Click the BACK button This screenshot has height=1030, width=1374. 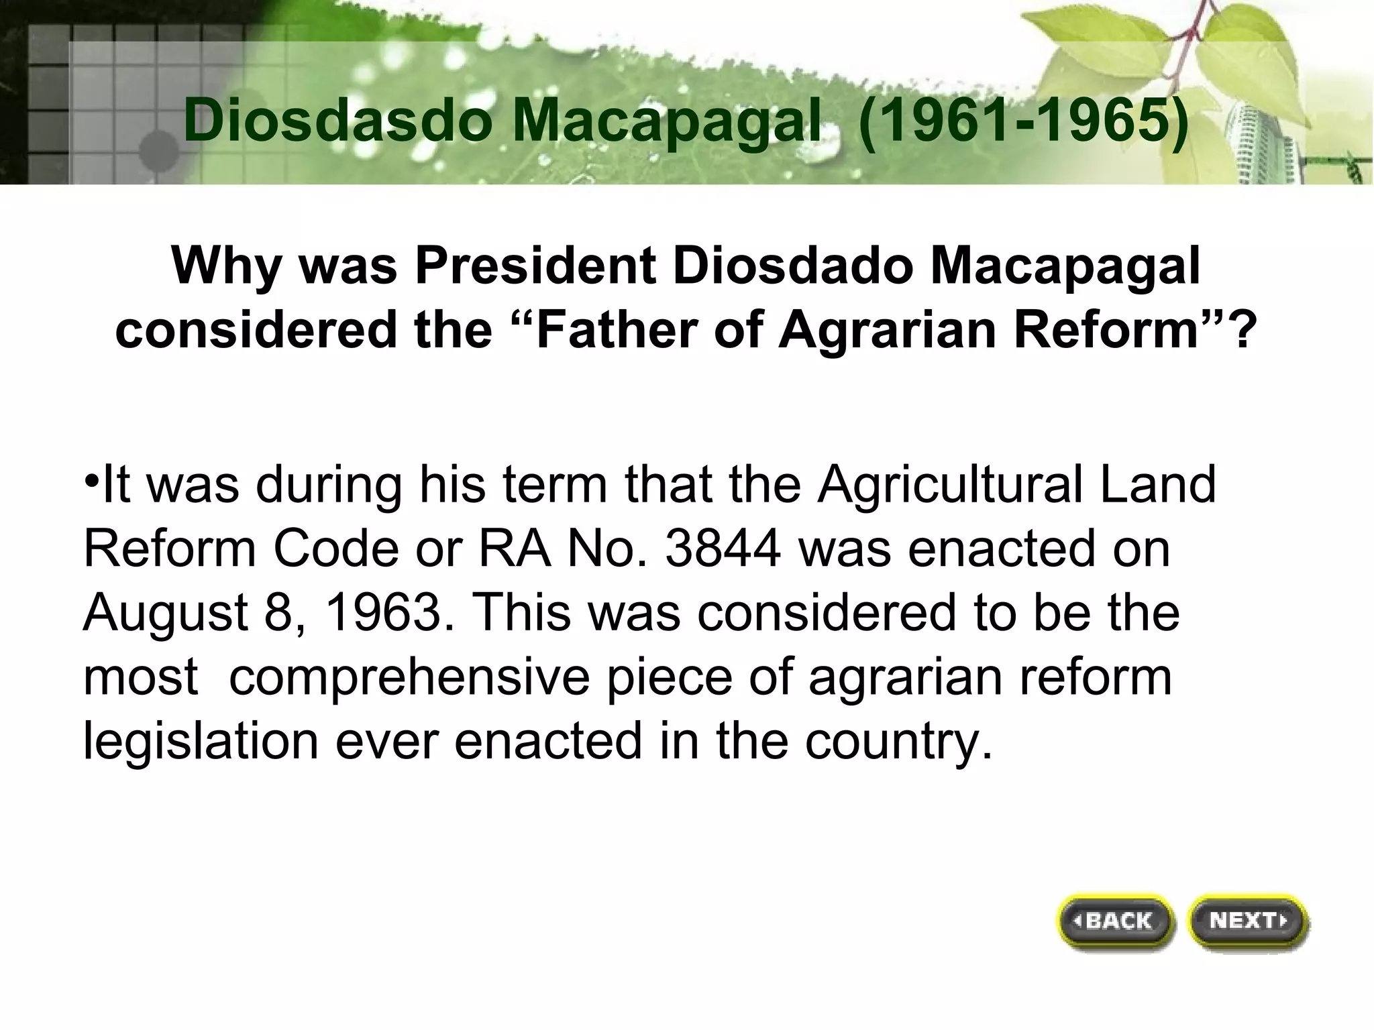tap(1115, 921)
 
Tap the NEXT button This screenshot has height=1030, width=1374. tap(1247, 921)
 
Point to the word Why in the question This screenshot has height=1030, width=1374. tap(226, 266)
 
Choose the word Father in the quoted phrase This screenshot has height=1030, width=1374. tap(617, 330)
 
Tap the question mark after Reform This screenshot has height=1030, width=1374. tap(1244, 331)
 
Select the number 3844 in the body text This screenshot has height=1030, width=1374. tap(723, 549)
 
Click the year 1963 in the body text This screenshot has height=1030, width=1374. tap(380, 612)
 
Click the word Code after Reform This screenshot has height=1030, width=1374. tap(335, 549)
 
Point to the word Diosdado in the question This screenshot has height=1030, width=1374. tap(792, 266)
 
